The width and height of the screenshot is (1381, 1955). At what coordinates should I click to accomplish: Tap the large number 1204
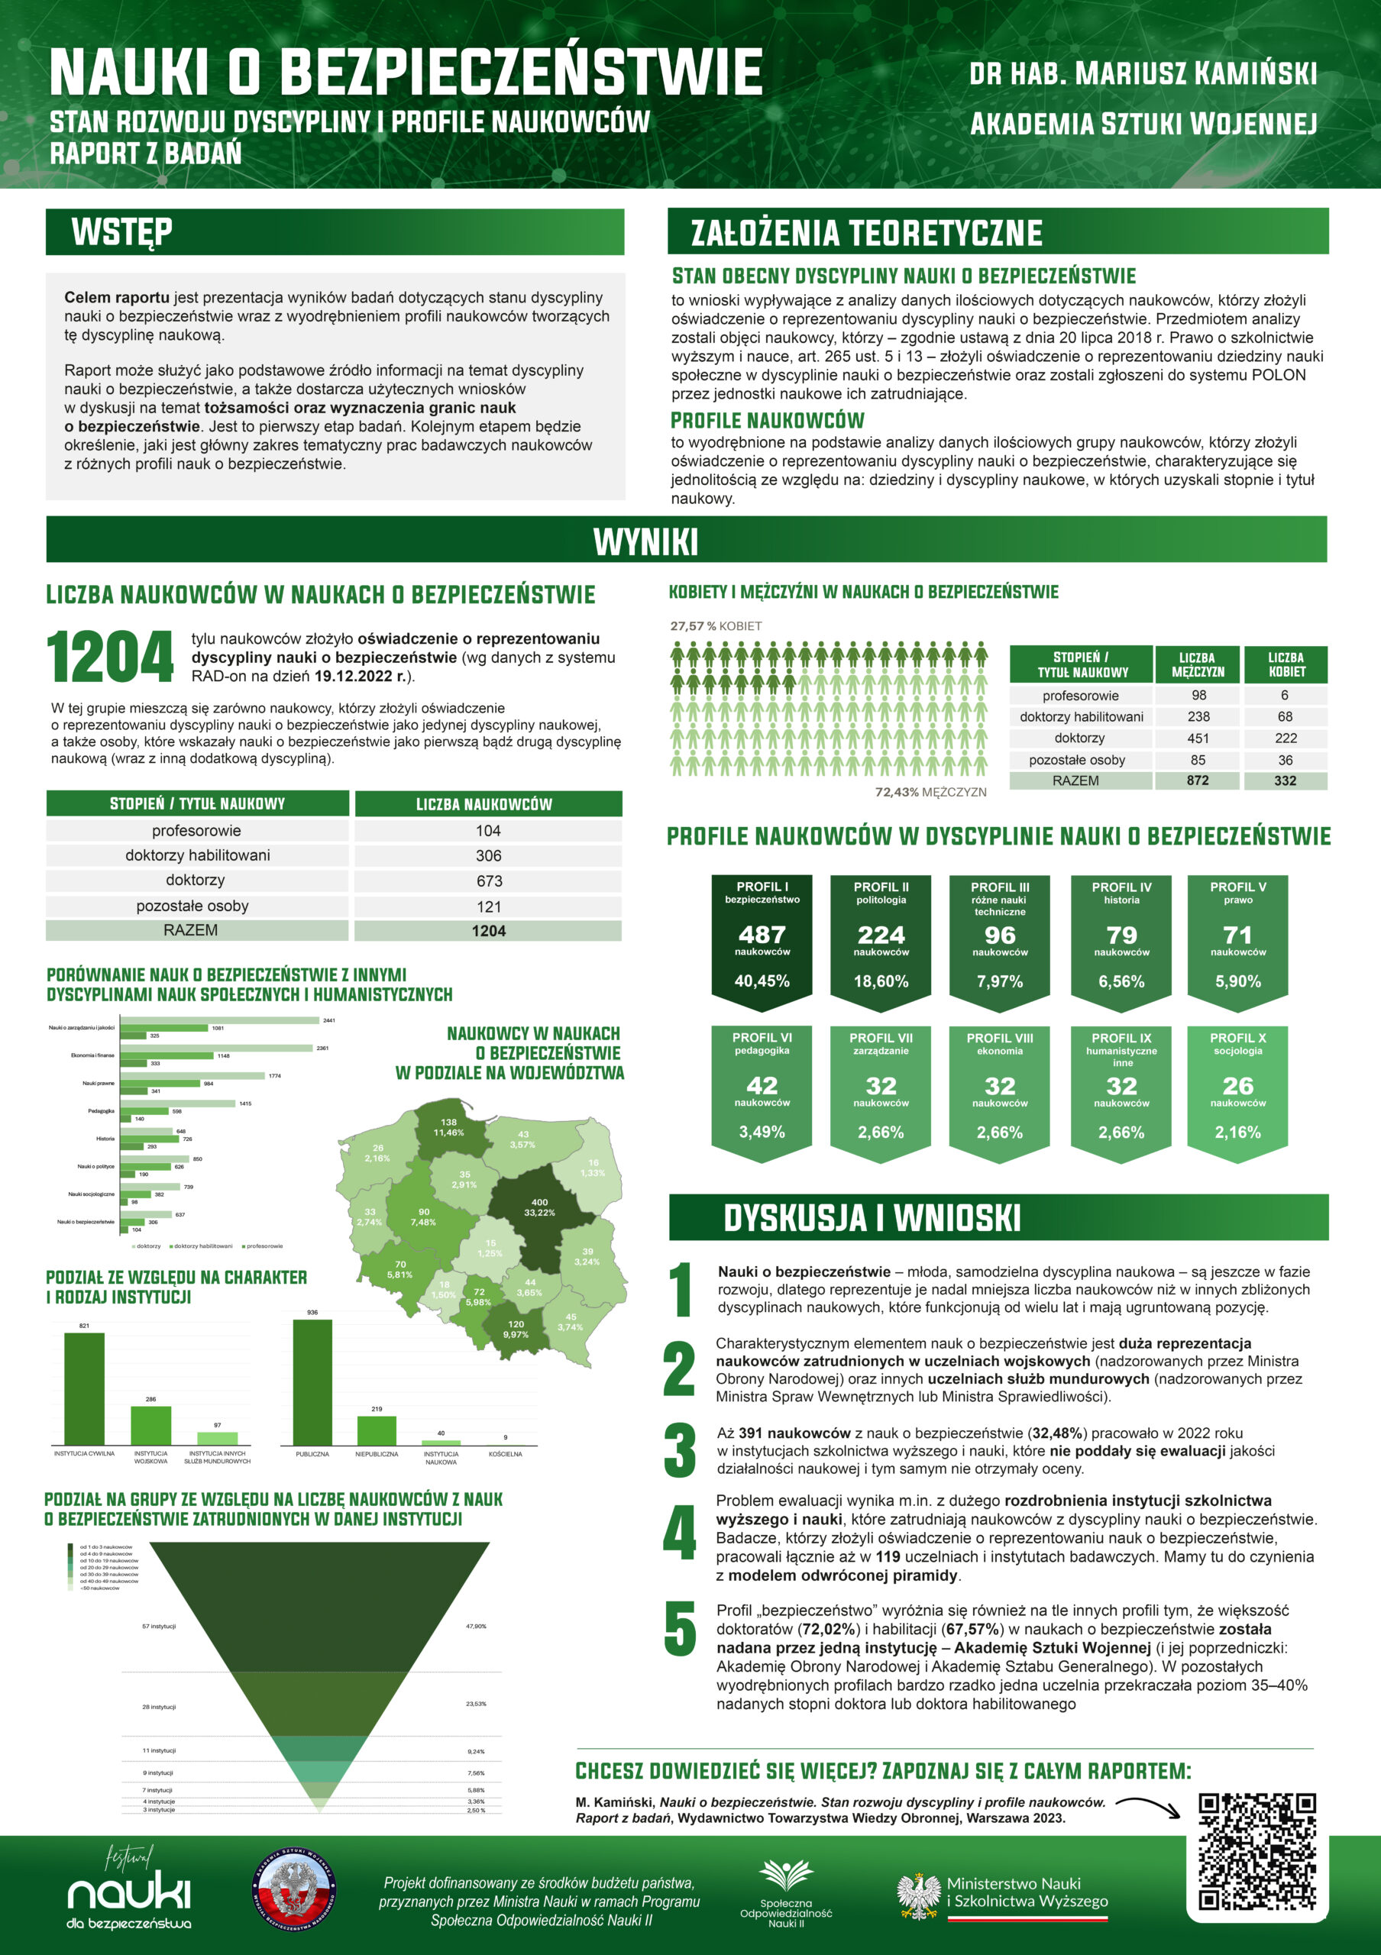tap(110, 658)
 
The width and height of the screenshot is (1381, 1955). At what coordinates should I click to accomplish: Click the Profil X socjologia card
tap(1237, 1091)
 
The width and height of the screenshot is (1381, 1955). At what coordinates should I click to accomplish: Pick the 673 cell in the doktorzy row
tap(489, 881)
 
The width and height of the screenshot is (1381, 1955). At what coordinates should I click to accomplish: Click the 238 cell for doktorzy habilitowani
tap(1198, 717)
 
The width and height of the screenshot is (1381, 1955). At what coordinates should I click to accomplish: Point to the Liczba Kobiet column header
tap(1286, 664)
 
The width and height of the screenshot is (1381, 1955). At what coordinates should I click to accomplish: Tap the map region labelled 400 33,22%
tap(539, 1207)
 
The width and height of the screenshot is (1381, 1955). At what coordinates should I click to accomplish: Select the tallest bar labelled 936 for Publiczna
tap(312, 1382)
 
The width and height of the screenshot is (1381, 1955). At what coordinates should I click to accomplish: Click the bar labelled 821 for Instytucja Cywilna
tap(84, 1389)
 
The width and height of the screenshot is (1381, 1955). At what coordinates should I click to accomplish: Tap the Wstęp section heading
tap(121, 231)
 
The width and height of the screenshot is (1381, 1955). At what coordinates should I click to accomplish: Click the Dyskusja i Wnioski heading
tap(872, 1217)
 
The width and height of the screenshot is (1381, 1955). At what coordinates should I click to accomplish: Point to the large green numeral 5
tap(680, 1629)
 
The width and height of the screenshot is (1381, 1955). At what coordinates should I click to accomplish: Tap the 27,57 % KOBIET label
tap(715, 626)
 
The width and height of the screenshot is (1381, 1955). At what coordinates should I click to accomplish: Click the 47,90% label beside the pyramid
tap(476, 1627)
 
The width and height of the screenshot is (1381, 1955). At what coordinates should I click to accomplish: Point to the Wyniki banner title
tap(645, 541)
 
